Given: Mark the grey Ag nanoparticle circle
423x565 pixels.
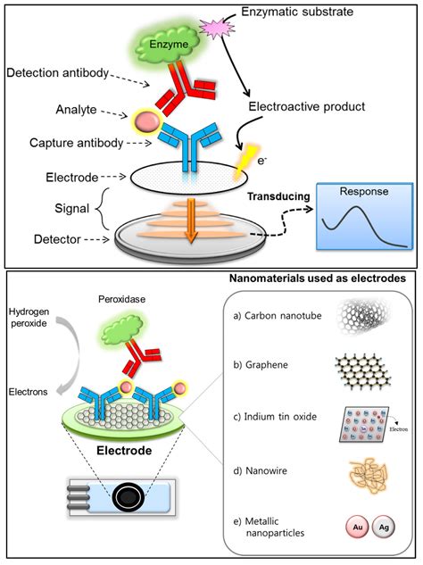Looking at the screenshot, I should pyautogui.click(x=385, y=529).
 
